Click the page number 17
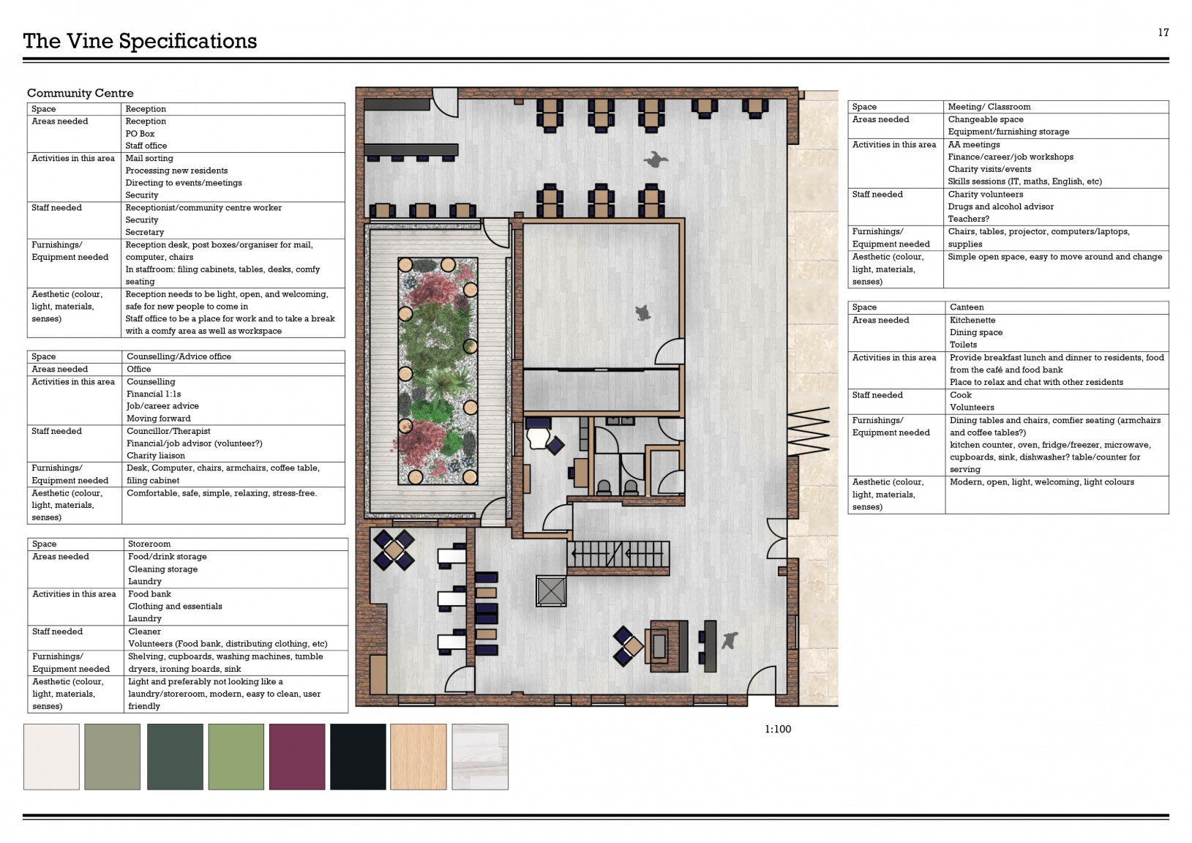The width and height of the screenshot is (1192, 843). point(1163,32)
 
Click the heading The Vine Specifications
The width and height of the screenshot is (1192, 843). point(140,41)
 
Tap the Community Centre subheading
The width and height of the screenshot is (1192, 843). point(80,93)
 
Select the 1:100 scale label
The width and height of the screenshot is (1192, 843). point(777,729)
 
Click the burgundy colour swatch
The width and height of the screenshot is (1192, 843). point(297,756)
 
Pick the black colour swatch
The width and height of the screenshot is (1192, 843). point(358,756)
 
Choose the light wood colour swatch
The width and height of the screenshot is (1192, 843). point(419,756)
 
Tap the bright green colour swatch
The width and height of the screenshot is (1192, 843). point(236,756)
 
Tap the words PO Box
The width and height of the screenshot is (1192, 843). point(140,134)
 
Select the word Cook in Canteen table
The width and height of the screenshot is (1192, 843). point(961,395)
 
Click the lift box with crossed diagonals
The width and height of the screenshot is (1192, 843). point(551,591)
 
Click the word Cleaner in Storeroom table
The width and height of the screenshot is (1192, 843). point(144,632)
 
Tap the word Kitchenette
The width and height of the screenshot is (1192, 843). point(972,321)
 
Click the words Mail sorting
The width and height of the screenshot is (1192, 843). point(149,159)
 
